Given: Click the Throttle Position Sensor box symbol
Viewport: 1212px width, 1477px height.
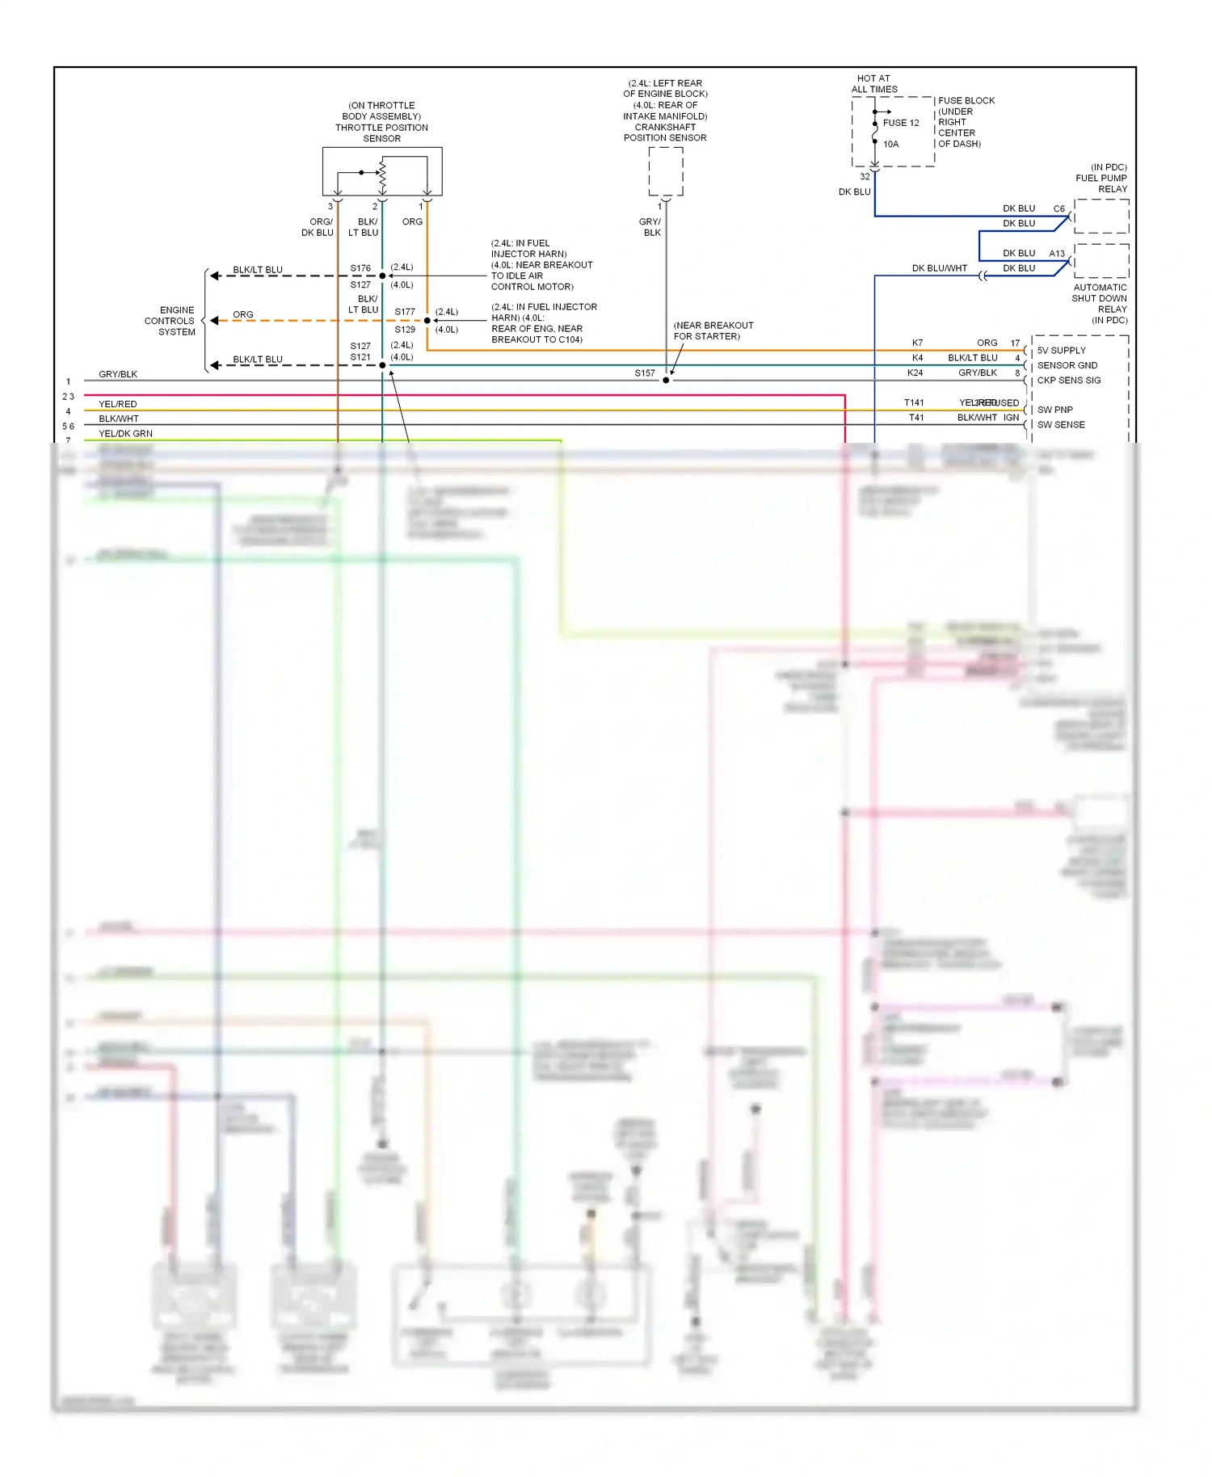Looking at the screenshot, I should tap(382, 170).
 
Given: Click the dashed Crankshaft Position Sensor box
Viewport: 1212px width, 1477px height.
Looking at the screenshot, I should tap(666, 171).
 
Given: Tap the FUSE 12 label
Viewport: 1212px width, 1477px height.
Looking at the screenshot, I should tap(901, 123).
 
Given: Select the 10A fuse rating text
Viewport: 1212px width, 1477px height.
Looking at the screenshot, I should tap(890, 144).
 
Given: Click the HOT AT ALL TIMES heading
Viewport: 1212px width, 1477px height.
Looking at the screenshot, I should tap(873, 84).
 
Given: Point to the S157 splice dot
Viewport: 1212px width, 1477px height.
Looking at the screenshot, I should tap(666, 380).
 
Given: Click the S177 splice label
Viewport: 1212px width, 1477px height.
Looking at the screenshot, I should tap(405, 312).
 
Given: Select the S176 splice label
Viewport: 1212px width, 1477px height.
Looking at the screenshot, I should tap(360, 268).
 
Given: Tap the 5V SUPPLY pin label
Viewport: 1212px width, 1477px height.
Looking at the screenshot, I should tap(1061, 351).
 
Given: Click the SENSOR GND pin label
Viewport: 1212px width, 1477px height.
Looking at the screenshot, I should tap(1067, 365).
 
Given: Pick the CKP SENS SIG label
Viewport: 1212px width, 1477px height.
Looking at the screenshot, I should tap(1068, 381).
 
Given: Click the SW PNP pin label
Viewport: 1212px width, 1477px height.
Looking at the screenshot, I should tap(1054, 410).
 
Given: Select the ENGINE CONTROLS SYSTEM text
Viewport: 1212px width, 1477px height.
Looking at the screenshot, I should tap(170, 321).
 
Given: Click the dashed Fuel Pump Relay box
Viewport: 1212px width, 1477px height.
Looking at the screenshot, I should tap(1101, 216).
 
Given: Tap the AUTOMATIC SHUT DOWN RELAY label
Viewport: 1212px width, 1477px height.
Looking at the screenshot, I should tap(1100, 303).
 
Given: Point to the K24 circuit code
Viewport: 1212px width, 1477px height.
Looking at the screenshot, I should tap(915, 372).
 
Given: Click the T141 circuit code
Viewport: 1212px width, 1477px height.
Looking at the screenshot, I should tap(914, 402).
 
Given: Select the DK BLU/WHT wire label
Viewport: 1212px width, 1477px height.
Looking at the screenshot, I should tap(939, 268).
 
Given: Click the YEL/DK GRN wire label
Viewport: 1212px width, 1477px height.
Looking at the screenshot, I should tap(125, 434).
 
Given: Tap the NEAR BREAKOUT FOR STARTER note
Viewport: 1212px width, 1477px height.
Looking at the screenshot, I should tap(713, 330).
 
